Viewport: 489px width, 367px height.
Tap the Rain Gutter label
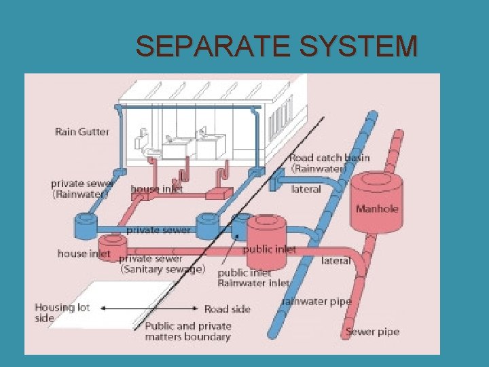(x=81, y=132)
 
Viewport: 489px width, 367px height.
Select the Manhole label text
(x=377, y=209)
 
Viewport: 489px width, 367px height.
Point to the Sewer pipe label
(x=372, y=332)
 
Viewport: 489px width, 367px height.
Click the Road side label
(x=228, y=309)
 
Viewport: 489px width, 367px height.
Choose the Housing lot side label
(x=62, y=312)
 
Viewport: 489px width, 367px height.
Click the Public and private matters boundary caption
(x=188, y=332)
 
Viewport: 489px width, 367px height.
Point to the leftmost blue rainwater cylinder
(x=86, y=224)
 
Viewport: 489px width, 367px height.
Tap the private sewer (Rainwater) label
(x=79, y=188)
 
